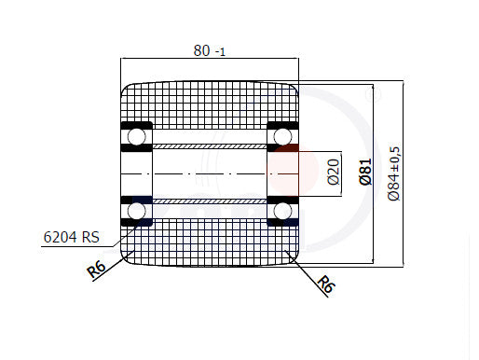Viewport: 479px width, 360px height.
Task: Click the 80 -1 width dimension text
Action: point(209,50)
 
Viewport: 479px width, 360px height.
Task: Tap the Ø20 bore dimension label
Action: point(334,172)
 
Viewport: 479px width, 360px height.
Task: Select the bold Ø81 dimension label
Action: point(365,172)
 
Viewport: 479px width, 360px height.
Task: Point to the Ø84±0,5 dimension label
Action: point(394,173)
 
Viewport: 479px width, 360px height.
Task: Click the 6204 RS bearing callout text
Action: point(72,237)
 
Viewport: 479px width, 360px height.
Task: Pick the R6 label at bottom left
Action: point(96,270)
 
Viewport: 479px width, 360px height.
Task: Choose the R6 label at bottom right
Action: point(326,284)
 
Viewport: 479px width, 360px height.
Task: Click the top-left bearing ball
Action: point(136,136)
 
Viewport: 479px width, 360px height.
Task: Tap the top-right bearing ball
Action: point(282,136)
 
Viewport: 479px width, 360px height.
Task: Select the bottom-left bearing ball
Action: point(136,211)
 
